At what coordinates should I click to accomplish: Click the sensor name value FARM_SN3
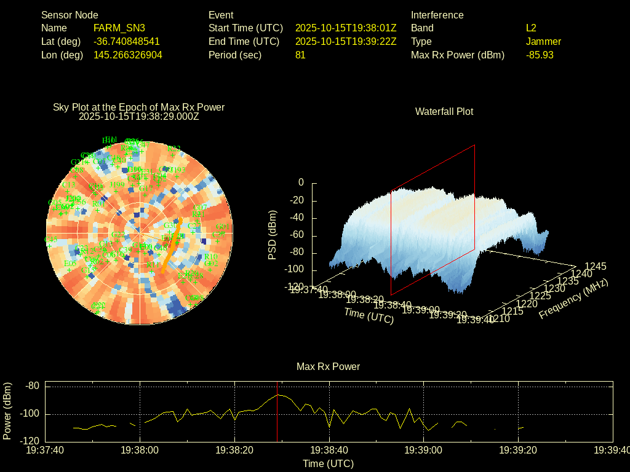point(119,28)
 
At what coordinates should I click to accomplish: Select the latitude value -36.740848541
point(127,41)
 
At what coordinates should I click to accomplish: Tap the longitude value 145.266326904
point(128,55)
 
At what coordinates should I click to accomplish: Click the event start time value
point(346,28)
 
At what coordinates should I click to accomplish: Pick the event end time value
point(346,41)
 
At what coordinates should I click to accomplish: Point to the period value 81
point(300,55)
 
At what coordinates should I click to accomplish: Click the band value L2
point(531,28)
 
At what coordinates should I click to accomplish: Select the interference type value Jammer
point(543,41)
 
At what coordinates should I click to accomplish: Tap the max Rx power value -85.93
point(540,55)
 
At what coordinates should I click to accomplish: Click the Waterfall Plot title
point(444,111)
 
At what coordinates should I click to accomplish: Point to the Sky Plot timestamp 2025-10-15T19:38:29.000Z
point(139,116)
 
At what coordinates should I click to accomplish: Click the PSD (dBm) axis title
point(273,235)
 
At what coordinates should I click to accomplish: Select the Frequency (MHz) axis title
point(573,299)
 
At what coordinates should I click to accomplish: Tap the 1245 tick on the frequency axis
point(595,266)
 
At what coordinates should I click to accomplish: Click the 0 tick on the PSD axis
point(301,183)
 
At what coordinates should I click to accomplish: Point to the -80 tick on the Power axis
point(32,386)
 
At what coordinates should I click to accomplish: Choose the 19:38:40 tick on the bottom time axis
point(330,450)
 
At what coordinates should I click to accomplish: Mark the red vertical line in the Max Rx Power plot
point(277,412)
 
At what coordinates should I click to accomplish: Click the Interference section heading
point(437,15)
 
